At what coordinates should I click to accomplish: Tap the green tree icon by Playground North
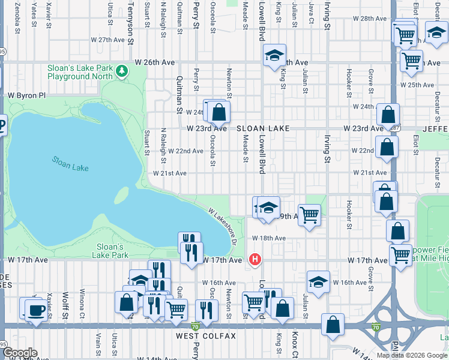[x=122, y=71]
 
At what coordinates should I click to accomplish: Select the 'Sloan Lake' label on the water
[x=70, y=163]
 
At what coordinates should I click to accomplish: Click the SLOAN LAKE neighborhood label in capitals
[x=263, y=128]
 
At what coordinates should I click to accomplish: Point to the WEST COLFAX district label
[x=206, y=336]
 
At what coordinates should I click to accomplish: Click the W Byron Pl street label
[x=26, y=95]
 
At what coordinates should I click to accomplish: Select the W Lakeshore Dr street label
[x=223, y=226]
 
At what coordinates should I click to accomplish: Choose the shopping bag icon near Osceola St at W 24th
[x=219, y=112]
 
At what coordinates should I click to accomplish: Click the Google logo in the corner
[x=20, y=353]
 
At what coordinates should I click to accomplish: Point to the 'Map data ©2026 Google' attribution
[x=412, y=355]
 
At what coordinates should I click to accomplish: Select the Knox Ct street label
[x=294, y=344]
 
